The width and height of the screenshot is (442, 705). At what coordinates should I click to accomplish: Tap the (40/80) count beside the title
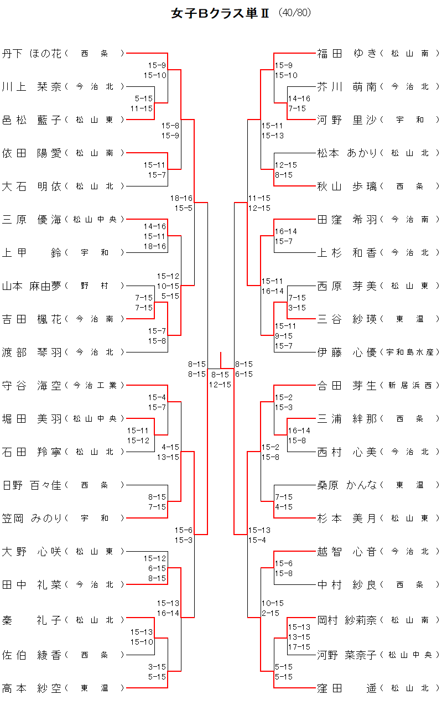[x=295, y=13]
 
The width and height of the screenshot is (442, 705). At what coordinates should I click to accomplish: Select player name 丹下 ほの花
[x=32, y=54]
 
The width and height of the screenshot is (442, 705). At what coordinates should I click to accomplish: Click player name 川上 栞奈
[x=32, y=87]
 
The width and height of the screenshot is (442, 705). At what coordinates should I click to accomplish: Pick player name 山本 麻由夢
[x=32, y=286]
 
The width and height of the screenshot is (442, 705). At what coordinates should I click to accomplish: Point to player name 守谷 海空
[x=32, y=386]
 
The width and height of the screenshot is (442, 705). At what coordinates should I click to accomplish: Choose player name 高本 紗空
[x=32, y=688]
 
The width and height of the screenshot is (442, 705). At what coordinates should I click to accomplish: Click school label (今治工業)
[x=95, y=386]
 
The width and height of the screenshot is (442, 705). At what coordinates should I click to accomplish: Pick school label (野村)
[x=95, y=286]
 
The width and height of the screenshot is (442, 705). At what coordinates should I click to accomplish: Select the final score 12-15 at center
[x=220, y=385]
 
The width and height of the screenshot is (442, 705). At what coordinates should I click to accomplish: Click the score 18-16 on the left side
[x=181, y=198]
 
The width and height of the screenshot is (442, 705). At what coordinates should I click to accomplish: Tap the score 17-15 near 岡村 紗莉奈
[x=299, y=647]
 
